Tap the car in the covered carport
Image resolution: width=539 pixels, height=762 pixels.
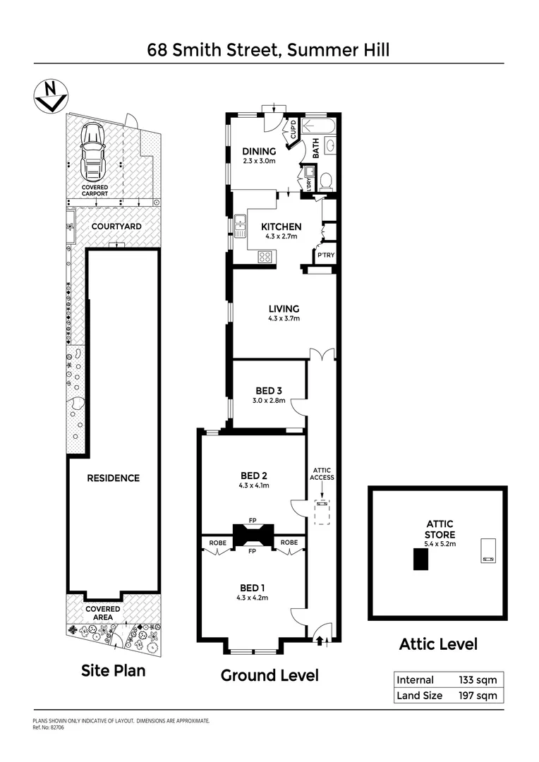[x=94, y=150]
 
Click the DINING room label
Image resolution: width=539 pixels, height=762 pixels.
[x=259, y=151]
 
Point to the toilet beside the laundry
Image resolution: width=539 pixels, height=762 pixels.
[x=326, y=181]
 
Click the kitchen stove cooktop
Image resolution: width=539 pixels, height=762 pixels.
[x=265, y=258]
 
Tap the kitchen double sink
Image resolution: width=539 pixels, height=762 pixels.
[x=240, y=225]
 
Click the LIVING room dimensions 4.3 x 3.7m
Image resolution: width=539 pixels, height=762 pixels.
[x=284, y=319]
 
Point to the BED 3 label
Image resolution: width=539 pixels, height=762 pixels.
[x=269, y=390]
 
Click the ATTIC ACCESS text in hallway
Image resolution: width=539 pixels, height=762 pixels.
[x=321, y=473]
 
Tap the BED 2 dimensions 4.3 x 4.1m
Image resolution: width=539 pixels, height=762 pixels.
[x=253, y=485]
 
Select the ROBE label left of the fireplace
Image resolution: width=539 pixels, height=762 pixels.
[x=217, y=543]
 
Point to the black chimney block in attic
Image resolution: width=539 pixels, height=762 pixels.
[x=420, y=559]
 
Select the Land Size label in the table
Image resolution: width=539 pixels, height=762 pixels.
[x=420, y=696]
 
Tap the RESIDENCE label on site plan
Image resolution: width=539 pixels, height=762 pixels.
[x=113, y=478]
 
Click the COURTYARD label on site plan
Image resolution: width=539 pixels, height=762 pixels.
[x=116, y=226]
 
